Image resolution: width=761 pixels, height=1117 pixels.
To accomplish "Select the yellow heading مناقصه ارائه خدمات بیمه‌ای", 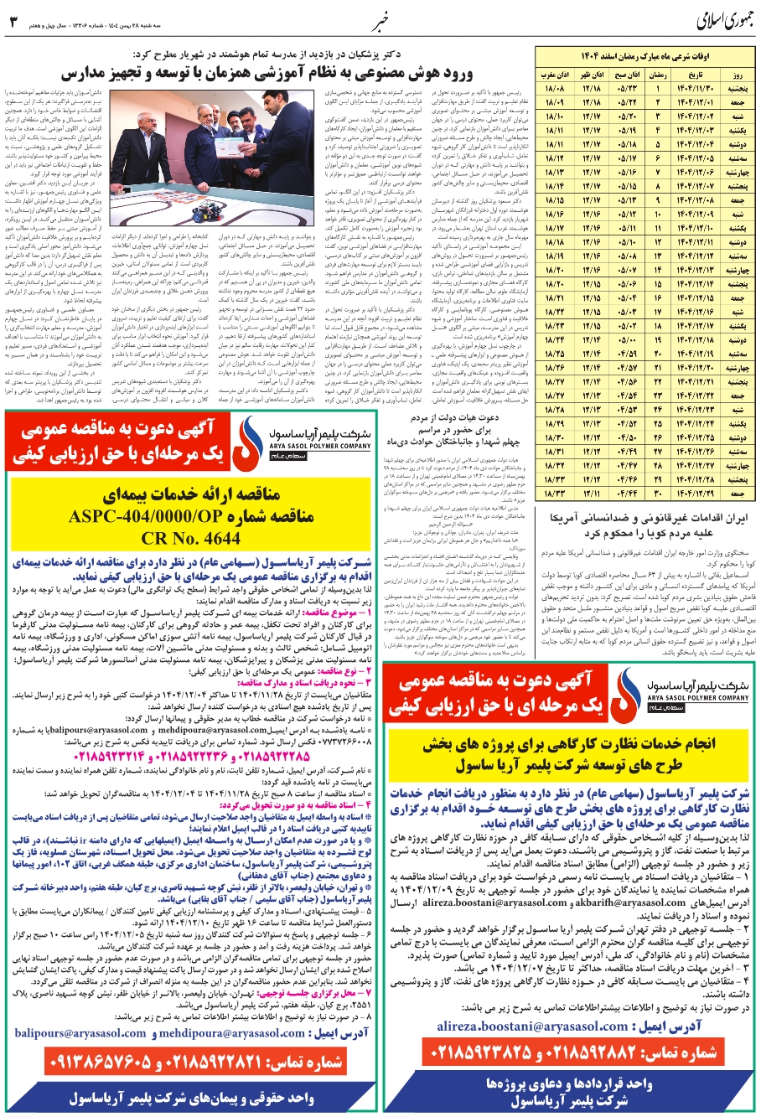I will click(189, 494).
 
